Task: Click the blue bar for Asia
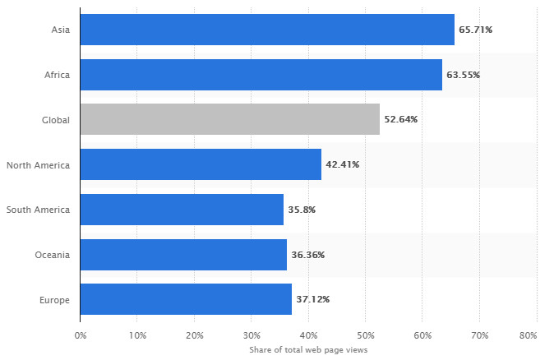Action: [267, 30]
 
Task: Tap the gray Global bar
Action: [230, 119]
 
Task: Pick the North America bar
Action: [201, 164]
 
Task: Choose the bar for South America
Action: [182, 210]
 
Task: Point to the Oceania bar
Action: [183, 255]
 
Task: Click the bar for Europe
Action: [186, 299]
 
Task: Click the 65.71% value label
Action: [475, 30]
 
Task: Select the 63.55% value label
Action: [463, 75]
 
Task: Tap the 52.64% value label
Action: [400, 119]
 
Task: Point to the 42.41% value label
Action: [342, 164]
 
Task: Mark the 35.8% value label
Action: [302, 210]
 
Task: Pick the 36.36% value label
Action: [307, 255]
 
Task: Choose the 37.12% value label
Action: [312, 299]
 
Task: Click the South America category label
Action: [38, 210]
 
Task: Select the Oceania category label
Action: [52, 255]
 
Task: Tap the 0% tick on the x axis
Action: [81, 335]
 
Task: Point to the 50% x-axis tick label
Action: [366, 335]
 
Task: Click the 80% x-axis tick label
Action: [529, 335]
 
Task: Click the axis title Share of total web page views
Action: [308, 350]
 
